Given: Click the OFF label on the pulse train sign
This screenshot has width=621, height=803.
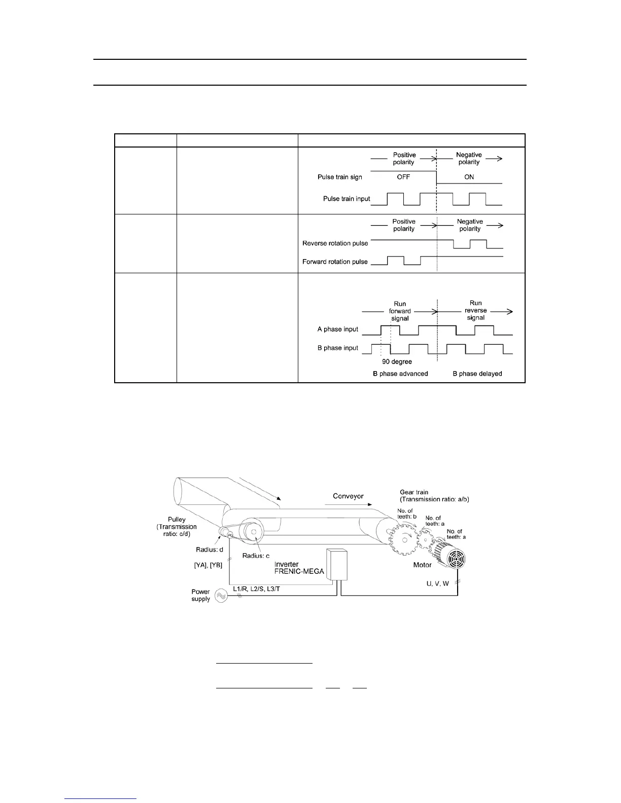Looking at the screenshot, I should click(x=403, y=177).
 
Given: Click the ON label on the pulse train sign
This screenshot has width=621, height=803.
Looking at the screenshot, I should click(x=469, y=177).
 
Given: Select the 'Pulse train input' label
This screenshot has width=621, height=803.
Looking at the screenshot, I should click(x=347, y=199).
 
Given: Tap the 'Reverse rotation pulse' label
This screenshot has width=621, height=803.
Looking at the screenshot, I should click(x=335, y=243).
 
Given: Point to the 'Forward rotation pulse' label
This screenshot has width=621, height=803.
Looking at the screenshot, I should click(x=335, y=262).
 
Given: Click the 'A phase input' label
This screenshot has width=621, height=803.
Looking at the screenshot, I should click(x=338, y=329).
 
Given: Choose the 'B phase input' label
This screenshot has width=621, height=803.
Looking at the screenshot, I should click(x=338, y=348).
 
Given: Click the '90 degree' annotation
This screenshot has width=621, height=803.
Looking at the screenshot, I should click(x=397, y=361).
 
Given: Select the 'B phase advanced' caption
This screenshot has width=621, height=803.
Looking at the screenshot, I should click(x=400, y=374).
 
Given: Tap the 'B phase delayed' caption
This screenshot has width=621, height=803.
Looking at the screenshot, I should click(x=477, y=374).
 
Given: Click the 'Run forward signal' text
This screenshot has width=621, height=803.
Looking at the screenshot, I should click(x=400, y=311).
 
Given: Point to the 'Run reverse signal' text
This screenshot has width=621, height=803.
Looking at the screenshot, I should click(x=475, y=310).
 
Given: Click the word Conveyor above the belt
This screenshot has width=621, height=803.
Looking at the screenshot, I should click(x=348, y=496).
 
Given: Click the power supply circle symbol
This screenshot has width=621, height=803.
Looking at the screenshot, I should click(x=221, y=596).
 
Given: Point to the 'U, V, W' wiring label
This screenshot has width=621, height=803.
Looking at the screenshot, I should click(x=437, y=583).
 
